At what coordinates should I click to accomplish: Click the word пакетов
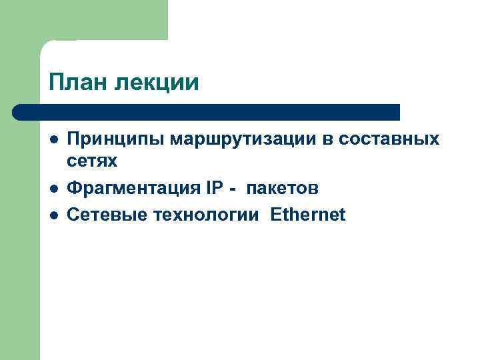(282, 189)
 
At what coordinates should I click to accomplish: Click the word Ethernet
(308, 215)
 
